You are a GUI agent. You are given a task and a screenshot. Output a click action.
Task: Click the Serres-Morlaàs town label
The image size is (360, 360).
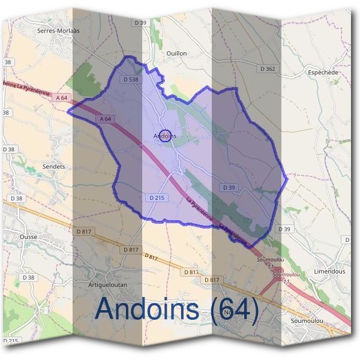58,30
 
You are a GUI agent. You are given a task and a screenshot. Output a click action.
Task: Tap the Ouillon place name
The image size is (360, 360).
176,53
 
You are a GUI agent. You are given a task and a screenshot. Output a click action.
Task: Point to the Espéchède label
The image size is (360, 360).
323,72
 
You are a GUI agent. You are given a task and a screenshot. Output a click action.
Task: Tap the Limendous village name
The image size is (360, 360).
329,271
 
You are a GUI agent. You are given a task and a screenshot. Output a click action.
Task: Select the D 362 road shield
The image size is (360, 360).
268,69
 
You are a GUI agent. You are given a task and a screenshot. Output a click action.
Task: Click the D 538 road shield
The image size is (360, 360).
130,79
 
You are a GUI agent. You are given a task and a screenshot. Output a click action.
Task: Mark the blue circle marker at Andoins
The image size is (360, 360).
167,136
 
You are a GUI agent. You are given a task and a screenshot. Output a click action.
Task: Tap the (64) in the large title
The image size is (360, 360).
234,310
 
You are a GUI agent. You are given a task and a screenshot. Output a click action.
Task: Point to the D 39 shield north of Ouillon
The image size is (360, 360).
140,22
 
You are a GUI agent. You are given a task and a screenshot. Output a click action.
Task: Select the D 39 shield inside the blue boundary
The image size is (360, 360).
229,187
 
